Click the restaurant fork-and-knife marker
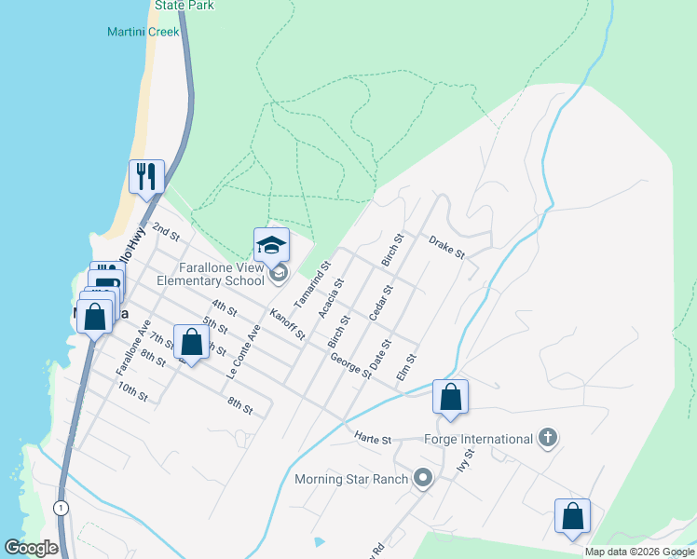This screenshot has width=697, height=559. click(146, 177)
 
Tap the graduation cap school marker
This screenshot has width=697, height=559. click(271, 246)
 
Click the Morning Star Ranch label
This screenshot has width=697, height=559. click(351, 480)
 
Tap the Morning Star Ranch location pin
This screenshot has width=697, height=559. click(423, 479)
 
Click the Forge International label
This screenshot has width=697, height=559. click(478, 439)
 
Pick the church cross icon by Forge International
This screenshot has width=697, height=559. click(548, 439)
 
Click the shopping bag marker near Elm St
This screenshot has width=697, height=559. click(450, 398)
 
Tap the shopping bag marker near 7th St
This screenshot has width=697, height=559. click(191, 343)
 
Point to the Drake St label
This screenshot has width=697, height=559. click(446, 248)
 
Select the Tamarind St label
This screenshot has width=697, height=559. click(312, 285)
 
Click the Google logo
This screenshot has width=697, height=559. click(31, 548)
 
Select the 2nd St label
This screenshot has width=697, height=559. click(165, 229)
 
